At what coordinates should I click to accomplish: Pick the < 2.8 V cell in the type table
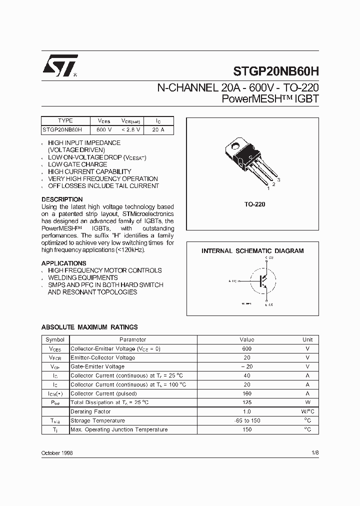[131, 129]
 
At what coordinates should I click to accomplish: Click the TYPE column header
[65, 120]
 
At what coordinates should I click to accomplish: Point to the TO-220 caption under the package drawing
[255, 204]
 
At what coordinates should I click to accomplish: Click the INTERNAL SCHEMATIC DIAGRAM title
[252, 251]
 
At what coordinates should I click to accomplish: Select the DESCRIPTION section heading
[62, 199]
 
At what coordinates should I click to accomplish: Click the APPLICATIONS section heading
[63, 263]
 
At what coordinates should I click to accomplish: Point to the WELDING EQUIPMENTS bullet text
[83, 277]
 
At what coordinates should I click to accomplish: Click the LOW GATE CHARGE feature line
[77, 164]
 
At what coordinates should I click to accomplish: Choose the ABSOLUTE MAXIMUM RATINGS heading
[89, 327]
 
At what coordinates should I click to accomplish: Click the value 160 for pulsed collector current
[246, 393]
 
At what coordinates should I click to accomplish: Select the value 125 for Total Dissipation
[246, 402]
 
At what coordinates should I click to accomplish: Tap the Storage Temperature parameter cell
[95, 420]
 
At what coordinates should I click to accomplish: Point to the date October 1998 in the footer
[57, 452]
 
